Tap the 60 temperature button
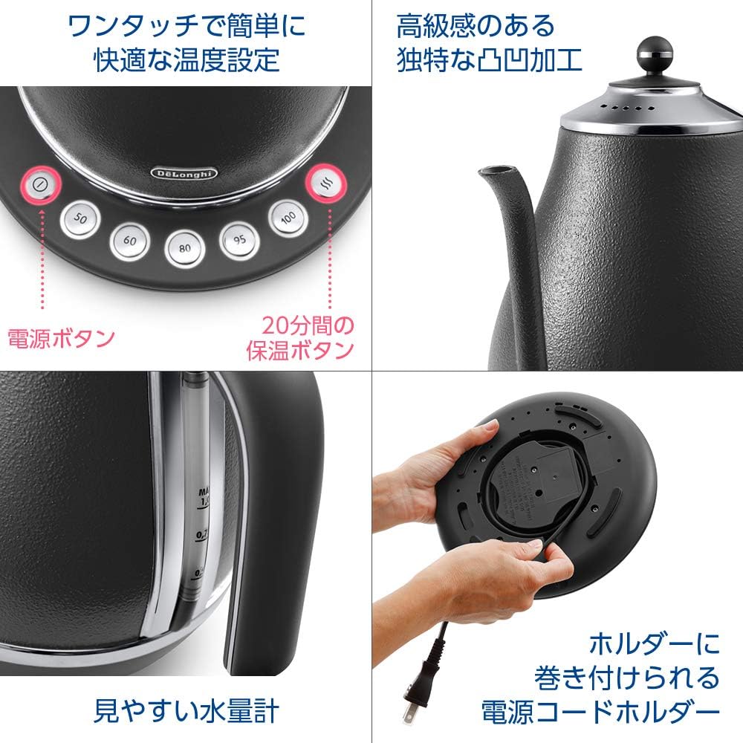pos(129,240)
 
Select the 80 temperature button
pos(184,250)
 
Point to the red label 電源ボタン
pos(61,339)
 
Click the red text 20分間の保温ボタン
pos(302,338)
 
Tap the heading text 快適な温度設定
pos(186,59)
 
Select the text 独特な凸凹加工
pos(490,59)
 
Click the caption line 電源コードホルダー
pos(601,712)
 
